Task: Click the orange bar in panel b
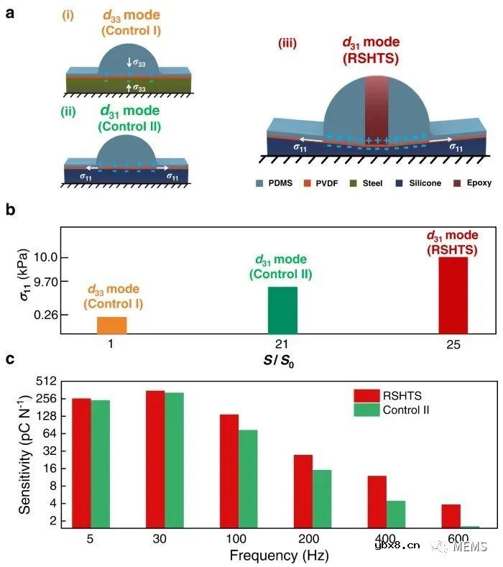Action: [x=112, y=325]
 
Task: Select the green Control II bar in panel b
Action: [x=282, y=310]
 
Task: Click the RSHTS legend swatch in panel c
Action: [x=366, y=395]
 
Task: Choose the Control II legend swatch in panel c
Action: [x=366, y=410]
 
